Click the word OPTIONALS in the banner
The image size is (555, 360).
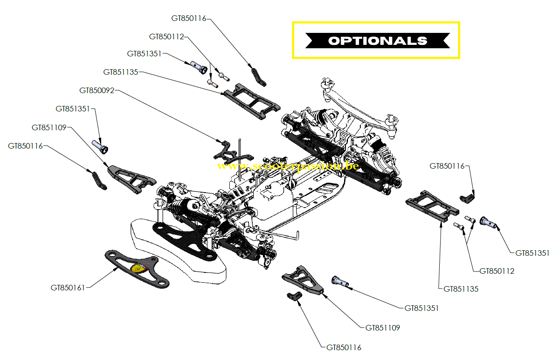(377, 41)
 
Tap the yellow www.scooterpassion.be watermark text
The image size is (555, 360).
(287, 166)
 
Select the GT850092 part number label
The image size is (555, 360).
(97, 91)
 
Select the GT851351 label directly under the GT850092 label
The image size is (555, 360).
(73, 109)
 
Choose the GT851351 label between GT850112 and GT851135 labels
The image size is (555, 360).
(144, 54)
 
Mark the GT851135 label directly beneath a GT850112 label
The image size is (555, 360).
(461, 289)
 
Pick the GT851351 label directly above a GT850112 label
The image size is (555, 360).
(532, 253)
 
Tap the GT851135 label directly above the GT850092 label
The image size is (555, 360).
(121, 72)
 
